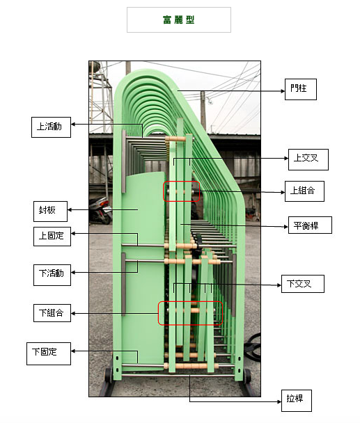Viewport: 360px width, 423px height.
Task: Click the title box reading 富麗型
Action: coord(179,19)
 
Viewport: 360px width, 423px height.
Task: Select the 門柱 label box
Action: coord(301,89)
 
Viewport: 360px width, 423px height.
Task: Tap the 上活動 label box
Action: coord(51,127)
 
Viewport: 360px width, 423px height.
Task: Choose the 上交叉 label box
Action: coord(308,159)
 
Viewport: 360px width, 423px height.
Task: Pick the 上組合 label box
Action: coord(304,191)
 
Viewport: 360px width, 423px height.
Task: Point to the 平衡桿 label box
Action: coord(310,225)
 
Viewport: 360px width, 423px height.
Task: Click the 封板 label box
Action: coord(51,211)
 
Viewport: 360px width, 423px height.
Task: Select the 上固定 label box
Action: coord(52,237)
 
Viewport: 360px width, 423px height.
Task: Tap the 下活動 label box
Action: coord(52,275)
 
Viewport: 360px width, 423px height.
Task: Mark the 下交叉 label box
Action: coord(303,284)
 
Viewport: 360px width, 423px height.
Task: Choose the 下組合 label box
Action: coord(52,313)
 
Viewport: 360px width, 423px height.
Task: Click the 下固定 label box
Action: coord(49,353)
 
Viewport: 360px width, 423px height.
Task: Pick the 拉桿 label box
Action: coord(297,400)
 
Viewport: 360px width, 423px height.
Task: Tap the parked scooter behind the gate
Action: coord(100,210)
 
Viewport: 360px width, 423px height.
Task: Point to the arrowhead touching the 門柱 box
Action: coord(283,91)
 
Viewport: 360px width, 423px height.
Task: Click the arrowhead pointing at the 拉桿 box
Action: coord(279,401)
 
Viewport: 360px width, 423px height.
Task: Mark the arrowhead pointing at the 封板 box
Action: coord(70,209)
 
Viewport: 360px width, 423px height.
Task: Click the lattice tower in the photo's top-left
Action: coord(100,97)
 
